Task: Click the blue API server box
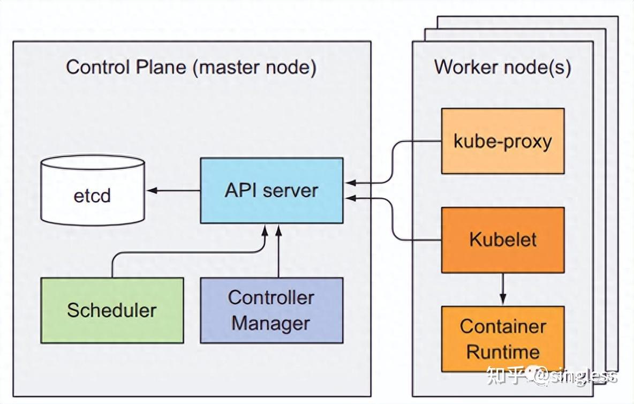[271, 190]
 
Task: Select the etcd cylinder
[93, 194]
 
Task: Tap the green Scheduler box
[112, 310]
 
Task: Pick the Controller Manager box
[271, 310]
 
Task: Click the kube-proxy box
[502, 141]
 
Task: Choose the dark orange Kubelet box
[502, 240]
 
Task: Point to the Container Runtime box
[502, 339]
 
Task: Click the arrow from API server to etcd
[174, 190]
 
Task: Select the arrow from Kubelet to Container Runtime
[502, 289]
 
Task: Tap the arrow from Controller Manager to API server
[278, 252]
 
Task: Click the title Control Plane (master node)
[191, 68]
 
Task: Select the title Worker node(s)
[502, 68]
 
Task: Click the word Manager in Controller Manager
[270, 324]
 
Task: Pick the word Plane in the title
[159, 68]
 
